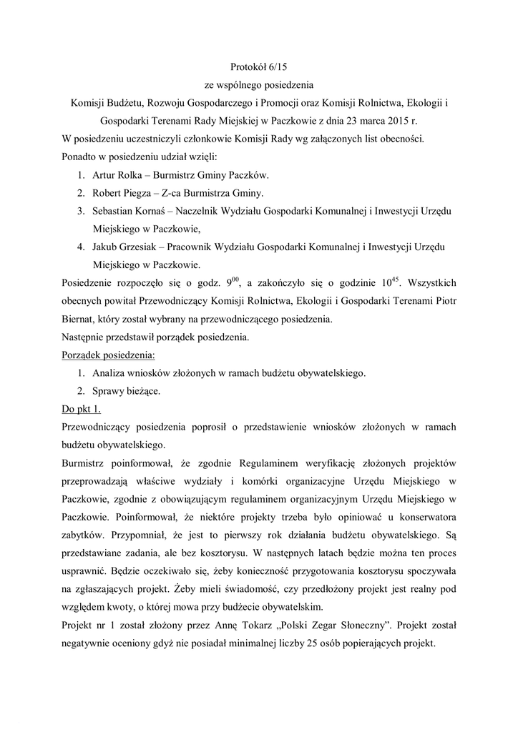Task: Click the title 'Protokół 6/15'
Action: [x=258, y=67]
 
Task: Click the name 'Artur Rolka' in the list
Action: [x=115, y=175]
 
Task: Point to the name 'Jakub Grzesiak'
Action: [x=124, y=247]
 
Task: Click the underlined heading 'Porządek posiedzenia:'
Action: [x=109, y=355]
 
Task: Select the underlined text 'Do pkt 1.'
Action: [x=82, y=409]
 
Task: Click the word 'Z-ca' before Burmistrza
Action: [x=169, y=193]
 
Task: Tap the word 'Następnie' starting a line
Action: [x=87, y=337]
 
